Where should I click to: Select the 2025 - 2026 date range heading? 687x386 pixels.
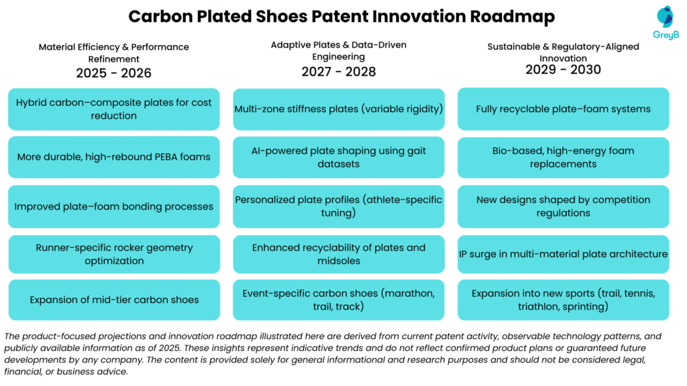click(x=113, y=73)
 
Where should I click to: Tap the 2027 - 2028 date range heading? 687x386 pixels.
click(x=338, y=72)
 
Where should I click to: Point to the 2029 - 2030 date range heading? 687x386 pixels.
click(x=563, y=70)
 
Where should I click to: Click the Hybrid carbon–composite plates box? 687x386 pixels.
click(x=113, y=109)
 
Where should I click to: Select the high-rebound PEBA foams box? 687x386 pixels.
click(x=113, y=157)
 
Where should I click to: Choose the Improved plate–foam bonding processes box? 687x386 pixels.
click(x=113, y=206)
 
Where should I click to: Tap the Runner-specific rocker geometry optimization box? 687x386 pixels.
click(x=113, y=254)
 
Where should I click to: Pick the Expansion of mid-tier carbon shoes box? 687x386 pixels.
click(x=113, y=300)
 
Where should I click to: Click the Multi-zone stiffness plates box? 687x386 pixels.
click(x=338, y=109)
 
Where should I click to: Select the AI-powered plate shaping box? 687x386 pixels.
click(x=338, y=157)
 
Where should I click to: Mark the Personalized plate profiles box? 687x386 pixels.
click(x=338, y=206)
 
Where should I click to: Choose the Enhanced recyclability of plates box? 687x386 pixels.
click(x=338, y=254)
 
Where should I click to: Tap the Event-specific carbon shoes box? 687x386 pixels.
click(x=338, y=300)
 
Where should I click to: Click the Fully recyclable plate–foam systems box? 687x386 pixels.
click(x=563, y=109)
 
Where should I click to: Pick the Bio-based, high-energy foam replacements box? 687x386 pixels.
click(x=563, y=157)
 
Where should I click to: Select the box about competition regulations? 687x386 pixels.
click(x=563, y=206)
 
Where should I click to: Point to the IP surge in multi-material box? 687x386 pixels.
click(x=563, y=254)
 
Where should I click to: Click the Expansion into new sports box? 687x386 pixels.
click(x=563, y=300)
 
